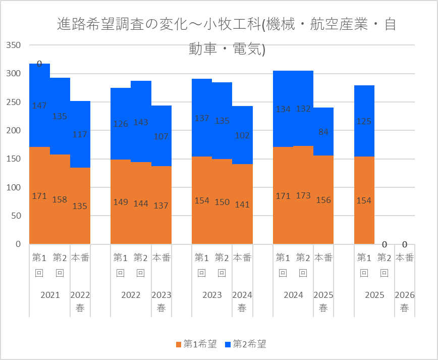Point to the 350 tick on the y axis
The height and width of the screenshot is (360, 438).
point(14,45)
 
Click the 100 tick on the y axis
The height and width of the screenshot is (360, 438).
point(14,187)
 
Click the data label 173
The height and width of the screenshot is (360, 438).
point(303,195)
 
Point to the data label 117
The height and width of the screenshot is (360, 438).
point(80,134)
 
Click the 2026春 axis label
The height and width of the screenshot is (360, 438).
point(404,301)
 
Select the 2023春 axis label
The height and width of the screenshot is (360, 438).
point(161,301)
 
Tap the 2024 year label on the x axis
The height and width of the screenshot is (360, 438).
point(293,295)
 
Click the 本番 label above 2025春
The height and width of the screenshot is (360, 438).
point(323,258)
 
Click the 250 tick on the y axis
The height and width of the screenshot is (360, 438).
point(14,102)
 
